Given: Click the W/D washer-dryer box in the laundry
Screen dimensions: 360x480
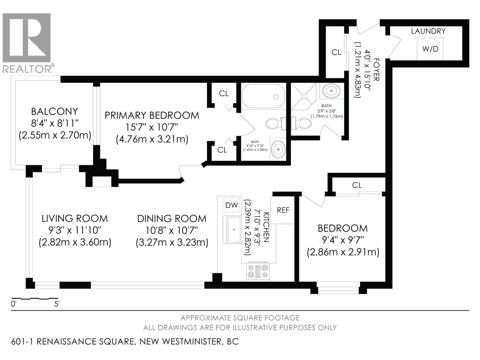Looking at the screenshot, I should [430, 49].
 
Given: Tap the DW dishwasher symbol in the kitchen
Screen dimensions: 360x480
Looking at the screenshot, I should [232, 205].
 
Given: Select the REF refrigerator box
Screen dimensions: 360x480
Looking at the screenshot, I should [283, 210].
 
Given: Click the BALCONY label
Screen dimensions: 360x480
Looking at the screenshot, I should [54, 112].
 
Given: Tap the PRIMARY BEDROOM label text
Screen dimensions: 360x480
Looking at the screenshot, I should [152, 115].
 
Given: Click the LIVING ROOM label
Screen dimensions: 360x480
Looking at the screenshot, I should [75, 218].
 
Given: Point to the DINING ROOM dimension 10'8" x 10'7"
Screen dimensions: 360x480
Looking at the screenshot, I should [172, 230].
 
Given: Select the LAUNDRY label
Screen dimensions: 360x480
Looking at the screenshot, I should [428, 31].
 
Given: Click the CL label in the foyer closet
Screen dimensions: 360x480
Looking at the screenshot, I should [336, 52].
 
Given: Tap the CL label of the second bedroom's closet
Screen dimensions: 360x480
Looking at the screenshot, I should [357, 185].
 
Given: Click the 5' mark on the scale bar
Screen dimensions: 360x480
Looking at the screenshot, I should [57, 304].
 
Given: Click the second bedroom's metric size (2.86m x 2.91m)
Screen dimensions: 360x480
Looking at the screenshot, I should [343, 252].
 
